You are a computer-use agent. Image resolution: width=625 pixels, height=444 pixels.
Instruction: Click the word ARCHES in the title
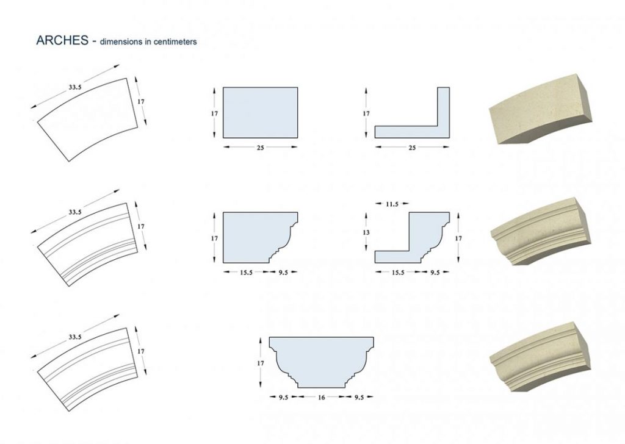pyautogui.click(x=62, y=40)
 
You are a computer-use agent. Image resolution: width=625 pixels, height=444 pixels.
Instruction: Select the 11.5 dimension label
pyautogui.click(x=392, y=204)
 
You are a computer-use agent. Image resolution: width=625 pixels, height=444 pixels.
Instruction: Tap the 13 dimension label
pyautogui.click(x=366, y=232)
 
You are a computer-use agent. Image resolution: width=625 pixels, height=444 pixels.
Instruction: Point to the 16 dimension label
pyautogui.click(x=321, y=397)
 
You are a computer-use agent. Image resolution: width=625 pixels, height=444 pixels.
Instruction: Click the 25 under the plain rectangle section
pyautogui.click(x=260, y=148)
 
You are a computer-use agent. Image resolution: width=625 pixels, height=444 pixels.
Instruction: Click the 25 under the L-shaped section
pyautogui.click(x=412, y=148)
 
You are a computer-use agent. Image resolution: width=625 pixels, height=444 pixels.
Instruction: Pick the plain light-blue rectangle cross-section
pyautogui.click(x=260, y=113)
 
